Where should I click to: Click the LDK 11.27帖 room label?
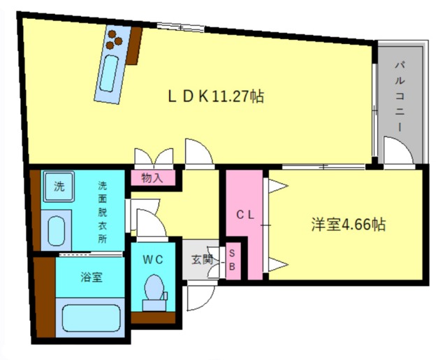tap(216, 96)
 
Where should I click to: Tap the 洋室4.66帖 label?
tap(349, 224)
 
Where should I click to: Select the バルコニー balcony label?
tap(400, 96)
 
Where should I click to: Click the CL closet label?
tap(245, 215)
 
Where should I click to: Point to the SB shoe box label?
tap(232, 259)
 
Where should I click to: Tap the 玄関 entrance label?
tap(202, 259)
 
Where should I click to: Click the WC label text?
tap(153, 259)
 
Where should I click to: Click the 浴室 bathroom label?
tap(91, 277)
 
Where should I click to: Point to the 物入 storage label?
tap(152, 178)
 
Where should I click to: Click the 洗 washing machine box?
tap(59, 187)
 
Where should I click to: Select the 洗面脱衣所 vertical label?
tap(103, 212)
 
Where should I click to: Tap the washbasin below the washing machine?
tap(56, 231)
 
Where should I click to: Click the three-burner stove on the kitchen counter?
tap(113, 40)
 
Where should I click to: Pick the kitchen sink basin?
tap(109, 73)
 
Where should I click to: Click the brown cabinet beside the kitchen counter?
tap(135, 46)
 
